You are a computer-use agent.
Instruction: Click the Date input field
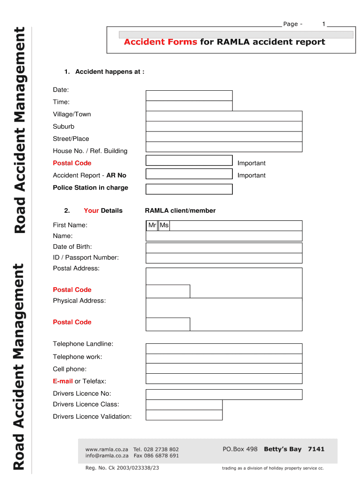coord(189,95)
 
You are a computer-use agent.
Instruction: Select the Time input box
coord(189,106)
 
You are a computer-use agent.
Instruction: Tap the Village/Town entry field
coord(224,116)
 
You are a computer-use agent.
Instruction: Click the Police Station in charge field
coord(189,189)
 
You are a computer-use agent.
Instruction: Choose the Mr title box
coord(152,225)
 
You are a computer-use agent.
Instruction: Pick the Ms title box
coord(164,225)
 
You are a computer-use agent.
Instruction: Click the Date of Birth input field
coord(224,247)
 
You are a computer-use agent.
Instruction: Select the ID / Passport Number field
coord(224,258)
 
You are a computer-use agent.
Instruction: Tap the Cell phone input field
coord(224,369)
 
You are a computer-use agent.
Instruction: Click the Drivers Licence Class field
coord(184,405)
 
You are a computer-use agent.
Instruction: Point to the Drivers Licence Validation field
coord(184,415)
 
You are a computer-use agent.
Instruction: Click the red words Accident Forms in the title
coord(160,42)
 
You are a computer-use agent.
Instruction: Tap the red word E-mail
coord(63,381)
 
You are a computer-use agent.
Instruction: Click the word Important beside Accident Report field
coord(252,175)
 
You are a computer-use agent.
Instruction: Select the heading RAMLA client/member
coord(180,210)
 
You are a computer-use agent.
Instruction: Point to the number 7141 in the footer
coord(316,449)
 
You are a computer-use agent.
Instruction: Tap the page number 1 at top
coord(324,24)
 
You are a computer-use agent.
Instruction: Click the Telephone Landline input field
coord(224,348)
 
